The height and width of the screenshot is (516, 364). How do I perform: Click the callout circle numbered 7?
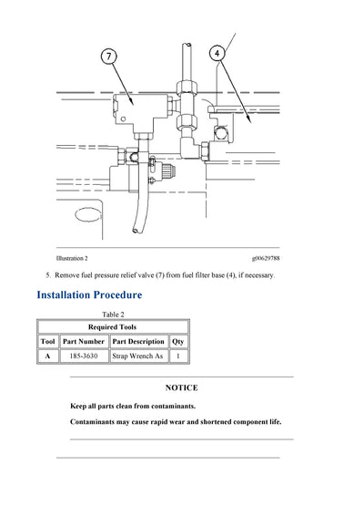[x=108, y=57]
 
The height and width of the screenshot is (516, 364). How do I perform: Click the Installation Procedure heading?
[x=89, y=294]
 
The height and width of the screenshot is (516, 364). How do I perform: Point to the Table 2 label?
[x=113, y=314]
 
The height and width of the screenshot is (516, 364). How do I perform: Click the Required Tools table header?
[x=113, y=326]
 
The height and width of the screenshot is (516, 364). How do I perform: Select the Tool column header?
[x=48, y=341]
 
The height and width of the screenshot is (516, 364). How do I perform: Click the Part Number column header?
[x=84, y=341]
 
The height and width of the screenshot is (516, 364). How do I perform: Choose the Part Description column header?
[x=138, y=341]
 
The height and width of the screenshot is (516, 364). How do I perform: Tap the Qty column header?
[x=178, y=341]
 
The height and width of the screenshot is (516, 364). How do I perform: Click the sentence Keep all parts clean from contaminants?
[x=133, y=406]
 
